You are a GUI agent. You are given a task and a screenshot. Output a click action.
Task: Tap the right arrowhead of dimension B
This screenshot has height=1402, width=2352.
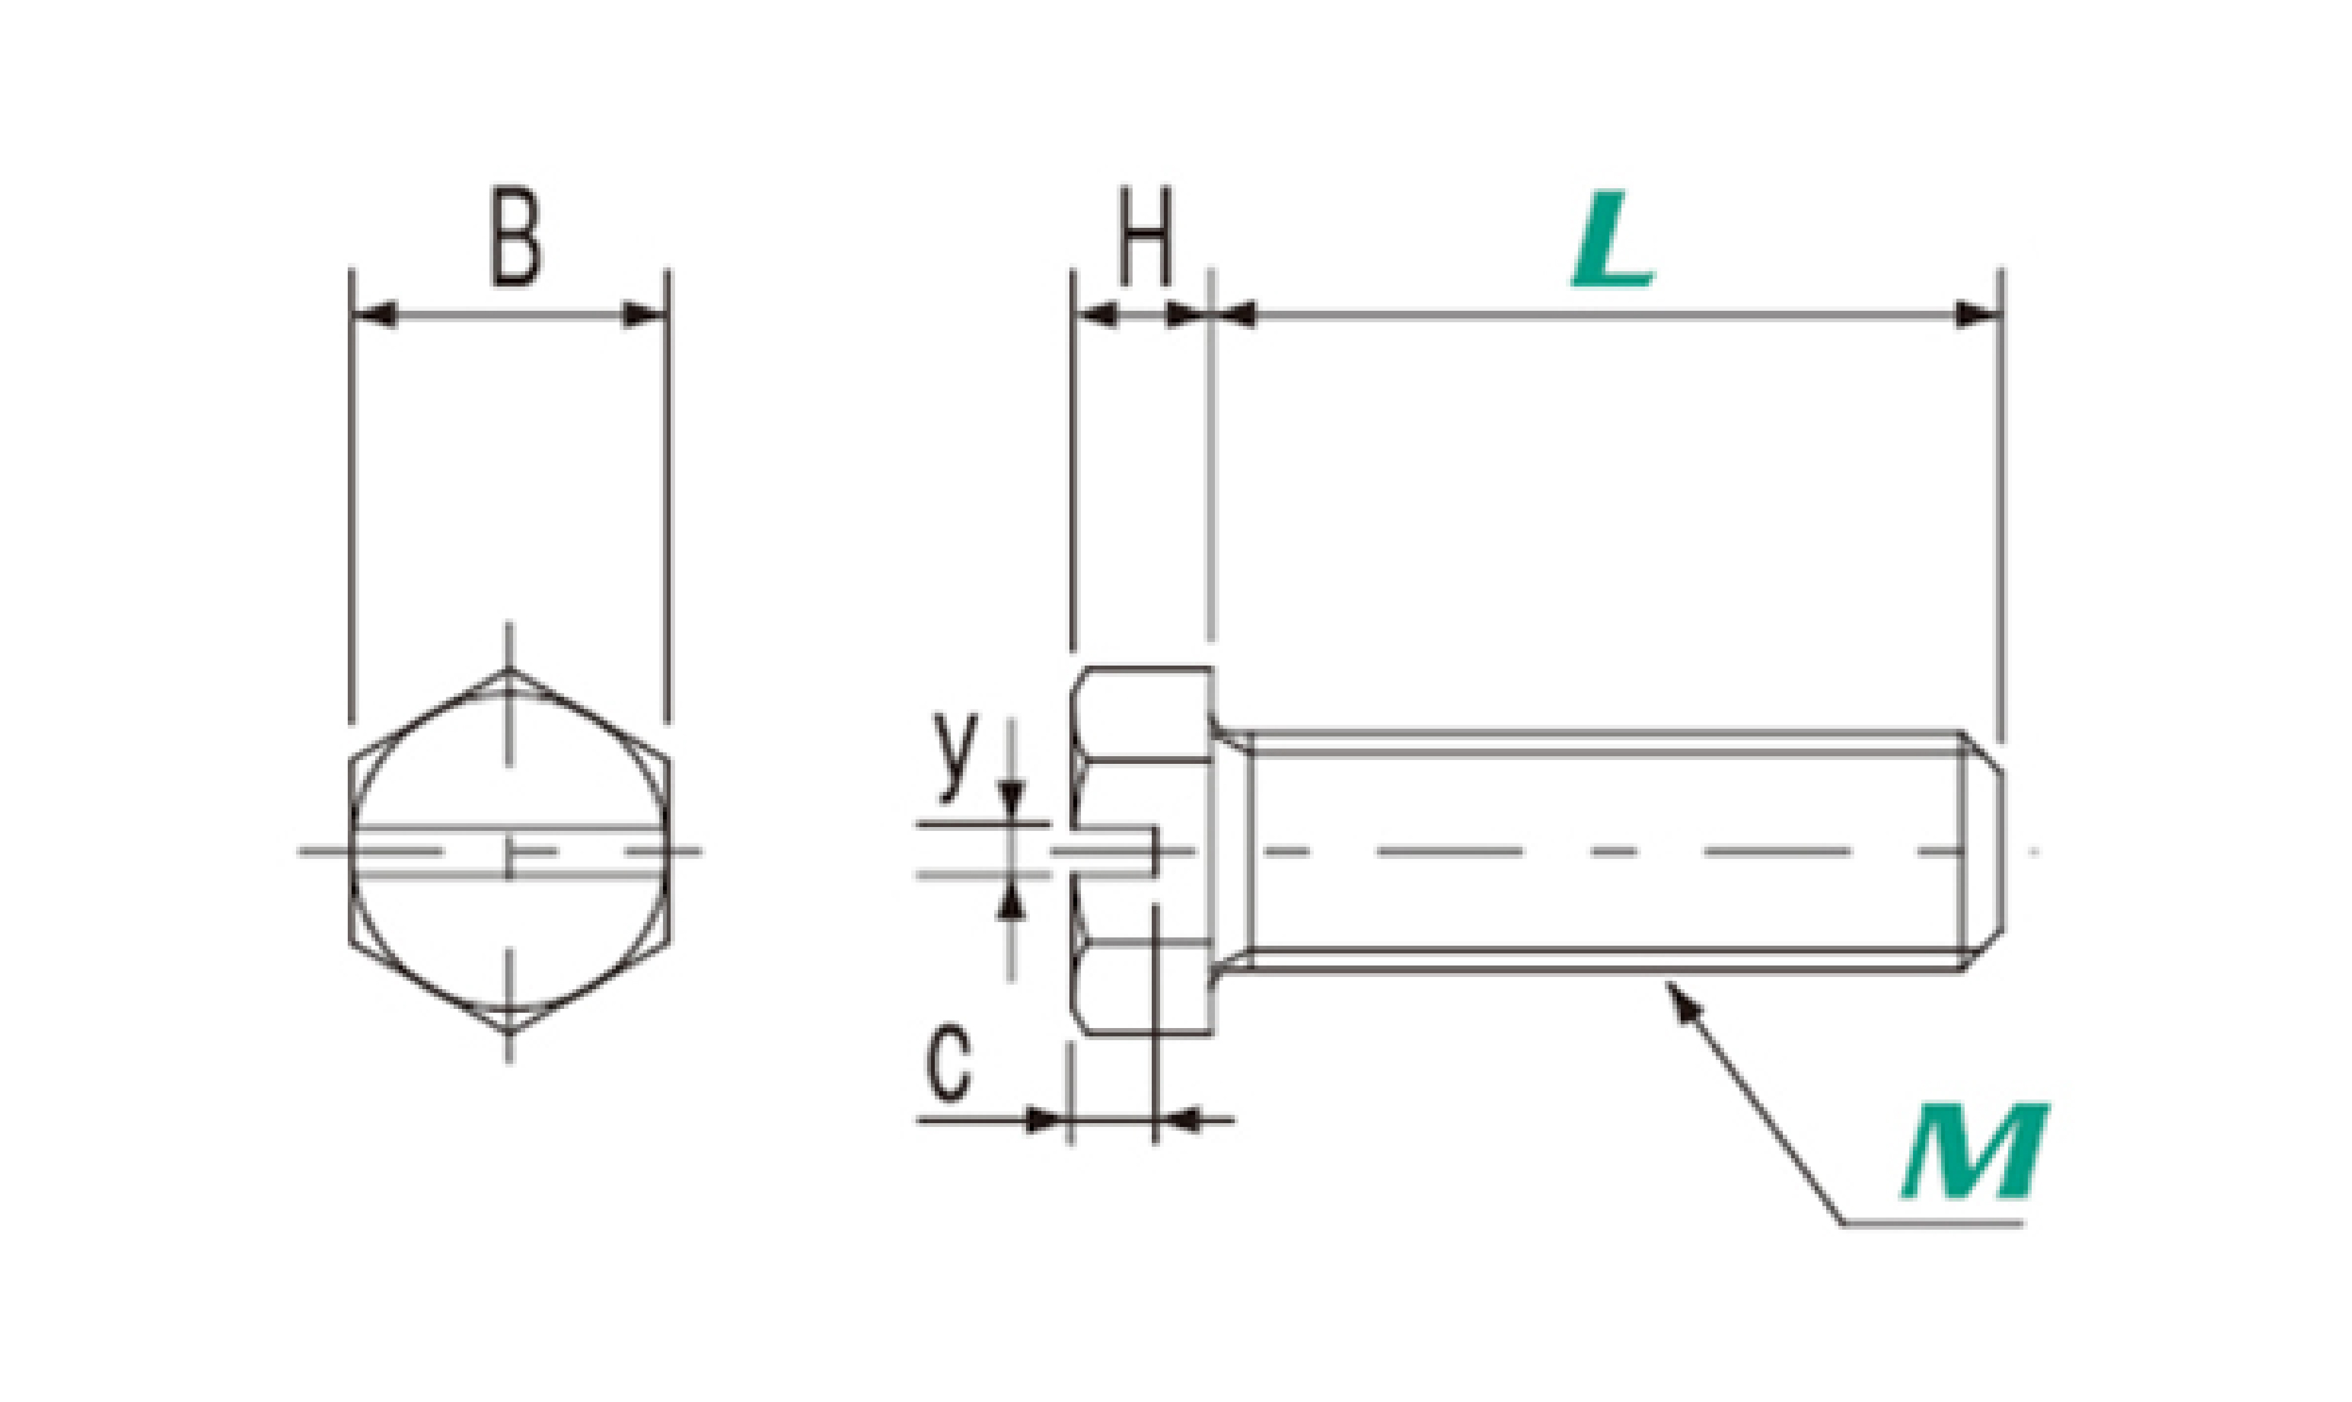click(644, 315)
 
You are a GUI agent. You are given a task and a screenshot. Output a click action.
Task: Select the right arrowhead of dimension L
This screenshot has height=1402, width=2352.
click(1977, 315)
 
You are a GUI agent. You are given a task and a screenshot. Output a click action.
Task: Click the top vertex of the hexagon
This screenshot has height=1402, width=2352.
click(509, 670)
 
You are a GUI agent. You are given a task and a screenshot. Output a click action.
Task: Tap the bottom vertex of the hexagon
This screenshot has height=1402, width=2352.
click(509, 1032)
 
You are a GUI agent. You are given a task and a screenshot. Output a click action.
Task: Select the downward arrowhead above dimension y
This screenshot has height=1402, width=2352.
click(1011, 799)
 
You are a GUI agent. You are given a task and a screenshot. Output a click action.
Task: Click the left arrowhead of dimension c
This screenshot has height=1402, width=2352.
click(1046, 1121)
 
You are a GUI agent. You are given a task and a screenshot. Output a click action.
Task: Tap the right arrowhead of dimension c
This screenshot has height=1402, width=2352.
click(1179, 1121)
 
